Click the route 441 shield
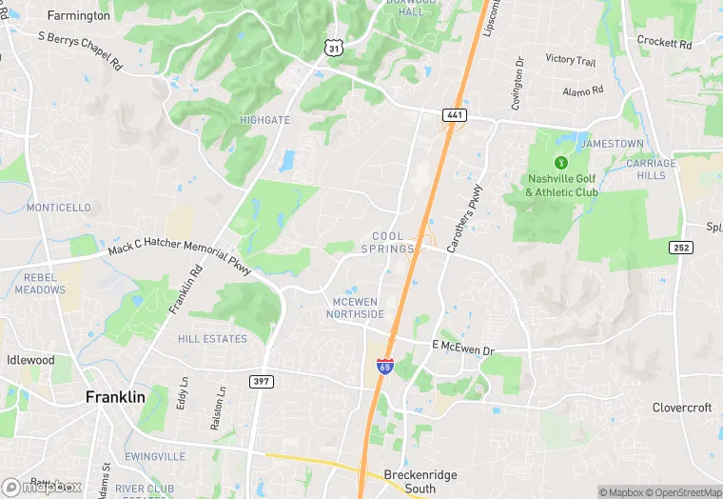454,115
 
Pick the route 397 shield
263,381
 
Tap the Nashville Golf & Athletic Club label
561,185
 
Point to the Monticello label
58,207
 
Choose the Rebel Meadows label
40,283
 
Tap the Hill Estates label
212,338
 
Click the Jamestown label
612,143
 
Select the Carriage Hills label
652,170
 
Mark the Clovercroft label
682,407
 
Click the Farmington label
78,15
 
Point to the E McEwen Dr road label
463,349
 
